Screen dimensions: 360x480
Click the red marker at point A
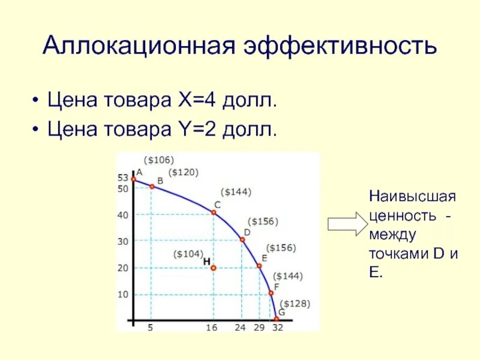133,179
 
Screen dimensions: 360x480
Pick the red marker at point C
214,212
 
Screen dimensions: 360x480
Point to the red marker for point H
213,268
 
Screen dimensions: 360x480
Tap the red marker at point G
277,319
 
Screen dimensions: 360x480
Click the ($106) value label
158,160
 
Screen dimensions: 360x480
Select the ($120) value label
183,172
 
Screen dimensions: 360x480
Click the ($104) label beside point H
188,254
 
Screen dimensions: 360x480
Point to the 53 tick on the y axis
122,178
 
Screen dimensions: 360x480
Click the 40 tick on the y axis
122,215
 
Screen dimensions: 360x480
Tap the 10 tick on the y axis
122,294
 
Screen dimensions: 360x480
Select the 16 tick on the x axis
212,328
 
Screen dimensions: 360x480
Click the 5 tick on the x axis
151,328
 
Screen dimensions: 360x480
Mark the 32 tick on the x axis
277,328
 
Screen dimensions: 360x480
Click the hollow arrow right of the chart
346,224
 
